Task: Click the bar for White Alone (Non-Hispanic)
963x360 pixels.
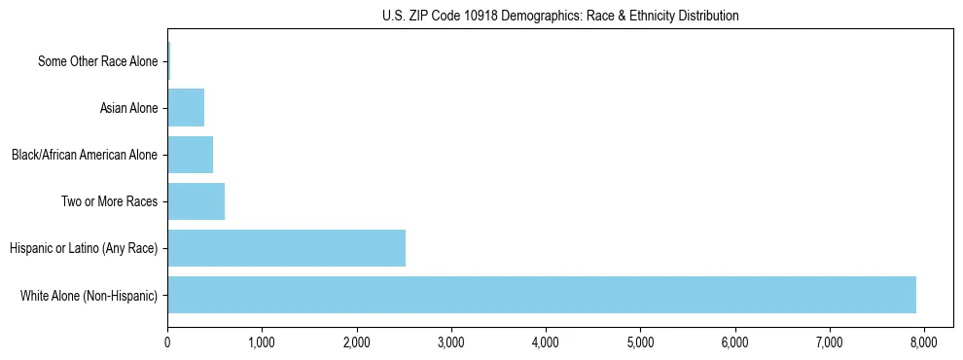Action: (x=541, y=295)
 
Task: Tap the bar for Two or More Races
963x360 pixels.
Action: (x=196, y=201)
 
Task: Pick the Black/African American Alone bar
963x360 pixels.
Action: (x=190, y=155)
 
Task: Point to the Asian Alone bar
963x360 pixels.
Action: (x=186, y=108)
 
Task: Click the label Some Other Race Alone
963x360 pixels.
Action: (x=97, y=61)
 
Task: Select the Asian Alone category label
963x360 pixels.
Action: (x=128, y=108)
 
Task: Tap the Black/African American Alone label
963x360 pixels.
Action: (x=84, y=155)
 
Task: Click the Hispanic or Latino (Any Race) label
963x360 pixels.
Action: (x=83, y=248)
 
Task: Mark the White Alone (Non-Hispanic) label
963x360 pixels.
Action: (x=89, y=295)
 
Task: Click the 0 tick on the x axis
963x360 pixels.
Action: (x=167, y=342)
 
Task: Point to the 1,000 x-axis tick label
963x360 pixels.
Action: (x=262, y=342)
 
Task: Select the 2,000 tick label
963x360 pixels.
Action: (x=356, y=342)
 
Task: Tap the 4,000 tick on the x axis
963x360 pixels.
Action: (x=546, y=342)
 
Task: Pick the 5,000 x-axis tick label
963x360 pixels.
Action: (x=640, y=342)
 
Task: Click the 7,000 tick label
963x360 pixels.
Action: (x=830, y=342)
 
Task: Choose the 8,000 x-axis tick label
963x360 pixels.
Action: (x=924, y=342)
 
